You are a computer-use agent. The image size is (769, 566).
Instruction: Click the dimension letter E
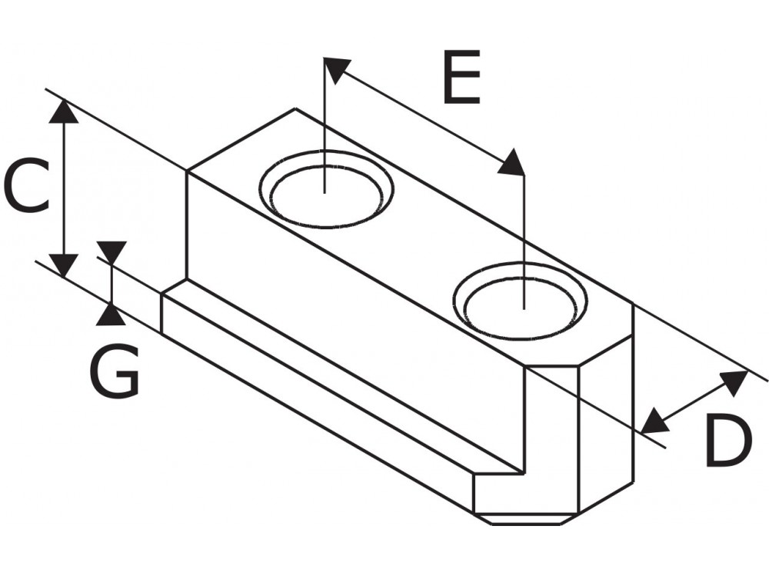pos(461,78)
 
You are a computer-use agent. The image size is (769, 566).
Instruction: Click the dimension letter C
pos(26,187)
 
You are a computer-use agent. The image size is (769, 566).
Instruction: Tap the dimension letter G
pos(115,371)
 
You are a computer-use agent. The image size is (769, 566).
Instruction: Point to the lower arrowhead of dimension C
pos(65,265)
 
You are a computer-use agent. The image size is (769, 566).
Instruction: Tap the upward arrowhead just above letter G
pos(112,314)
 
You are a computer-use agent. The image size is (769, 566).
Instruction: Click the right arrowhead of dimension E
pos(512,164)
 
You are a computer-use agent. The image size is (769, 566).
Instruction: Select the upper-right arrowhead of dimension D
pos(734,381)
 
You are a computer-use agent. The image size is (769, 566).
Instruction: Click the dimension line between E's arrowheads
pos(423,116)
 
